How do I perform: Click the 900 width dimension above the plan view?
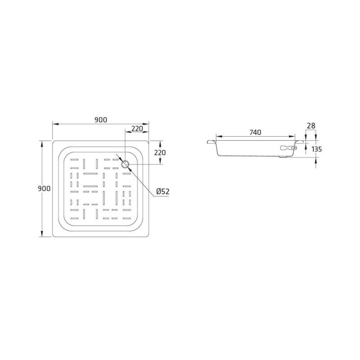coord(101,120)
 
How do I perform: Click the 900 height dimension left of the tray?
coord(44,189)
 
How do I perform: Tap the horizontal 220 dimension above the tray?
coord(137,128)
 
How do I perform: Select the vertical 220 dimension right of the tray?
coord(160,153)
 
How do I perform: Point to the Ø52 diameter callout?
coord(163,191)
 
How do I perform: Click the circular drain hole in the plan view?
coord(126,164)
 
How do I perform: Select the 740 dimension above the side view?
coord(255,132)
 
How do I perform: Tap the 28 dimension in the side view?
coord(311,126)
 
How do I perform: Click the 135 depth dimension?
coord(317,149)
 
